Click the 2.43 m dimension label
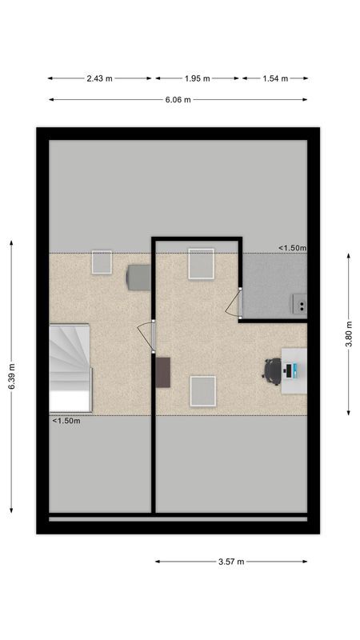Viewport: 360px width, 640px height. click(100, 78)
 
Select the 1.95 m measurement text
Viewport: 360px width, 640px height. click(197, 78)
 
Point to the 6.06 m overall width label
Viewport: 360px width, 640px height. click(178, 100)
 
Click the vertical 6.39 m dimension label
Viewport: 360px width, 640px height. click(11, 377)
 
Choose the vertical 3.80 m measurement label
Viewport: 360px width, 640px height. click(348, 334)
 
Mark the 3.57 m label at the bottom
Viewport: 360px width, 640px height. click(230, 562)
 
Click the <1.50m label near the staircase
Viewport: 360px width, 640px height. click(66, 421)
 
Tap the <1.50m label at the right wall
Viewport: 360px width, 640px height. click(292, 248)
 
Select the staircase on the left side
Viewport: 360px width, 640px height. click(70, 367)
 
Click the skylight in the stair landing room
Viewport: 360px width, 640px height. click(102, 262)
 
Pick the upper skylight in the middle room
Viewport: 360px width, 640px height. click(201, 264)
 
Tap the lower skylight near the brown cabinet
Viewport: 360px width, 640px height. click(202, 390)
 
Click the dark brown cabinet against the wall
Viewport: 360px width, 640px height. click(164, 372)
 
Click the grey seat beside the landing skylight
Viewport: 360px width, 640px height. click(138, 278)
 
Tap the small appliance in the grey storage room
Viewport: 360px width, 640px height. click(299, 304)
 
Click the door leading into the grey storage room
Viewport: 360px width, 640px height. click(234, 302)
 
